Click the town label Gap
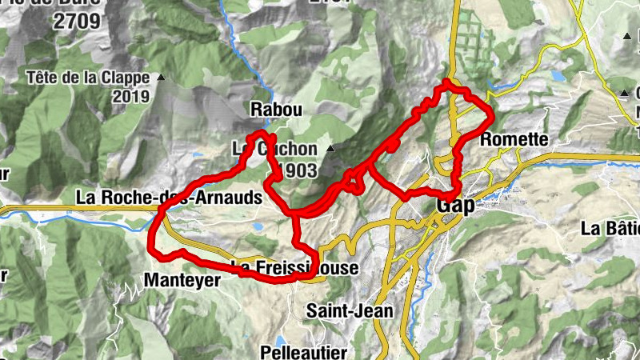click(x=455, y=206)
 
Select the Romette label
click(x=514, y=140)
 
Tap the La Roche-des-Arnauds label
click(x=170, y=197)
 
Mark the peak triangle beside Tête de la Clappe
click(x=161, y=78)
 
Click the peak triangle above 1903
click(x=329, y=149)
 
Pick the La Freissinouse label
click(x=294, y=268)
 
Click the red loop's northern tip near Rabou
click(x=258, y=133)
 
